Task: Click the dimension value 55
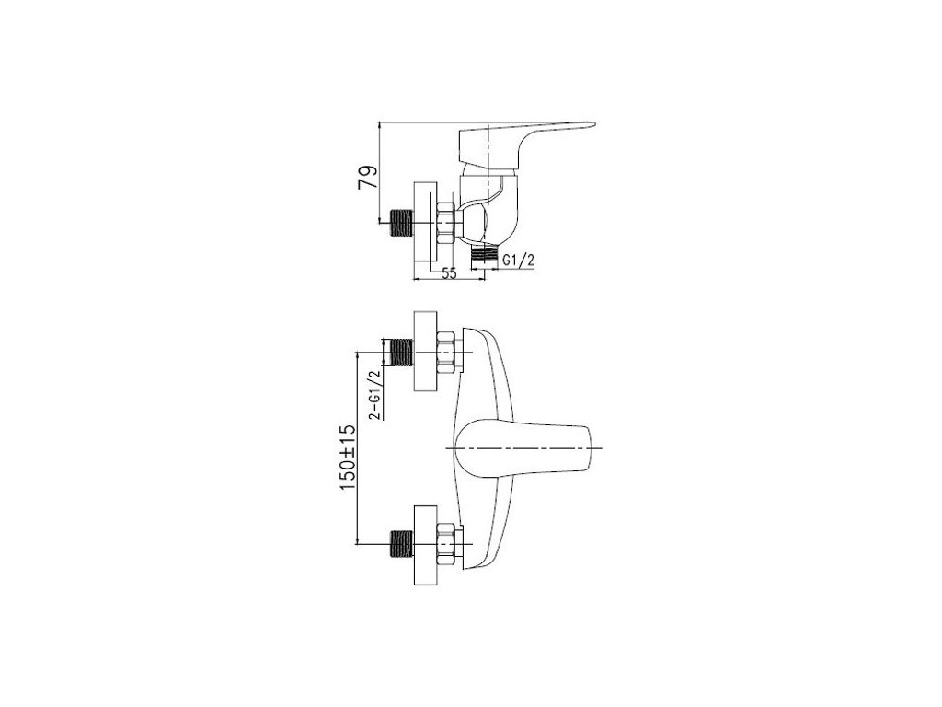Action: point(449,273)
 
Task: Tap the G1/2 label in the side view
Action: point(519,261)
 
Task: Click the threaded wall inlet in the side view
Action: point(402,221)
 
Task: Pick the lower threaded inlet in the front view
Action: point(402,543)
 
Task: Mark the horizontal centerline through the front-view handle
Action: point(552,448)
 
